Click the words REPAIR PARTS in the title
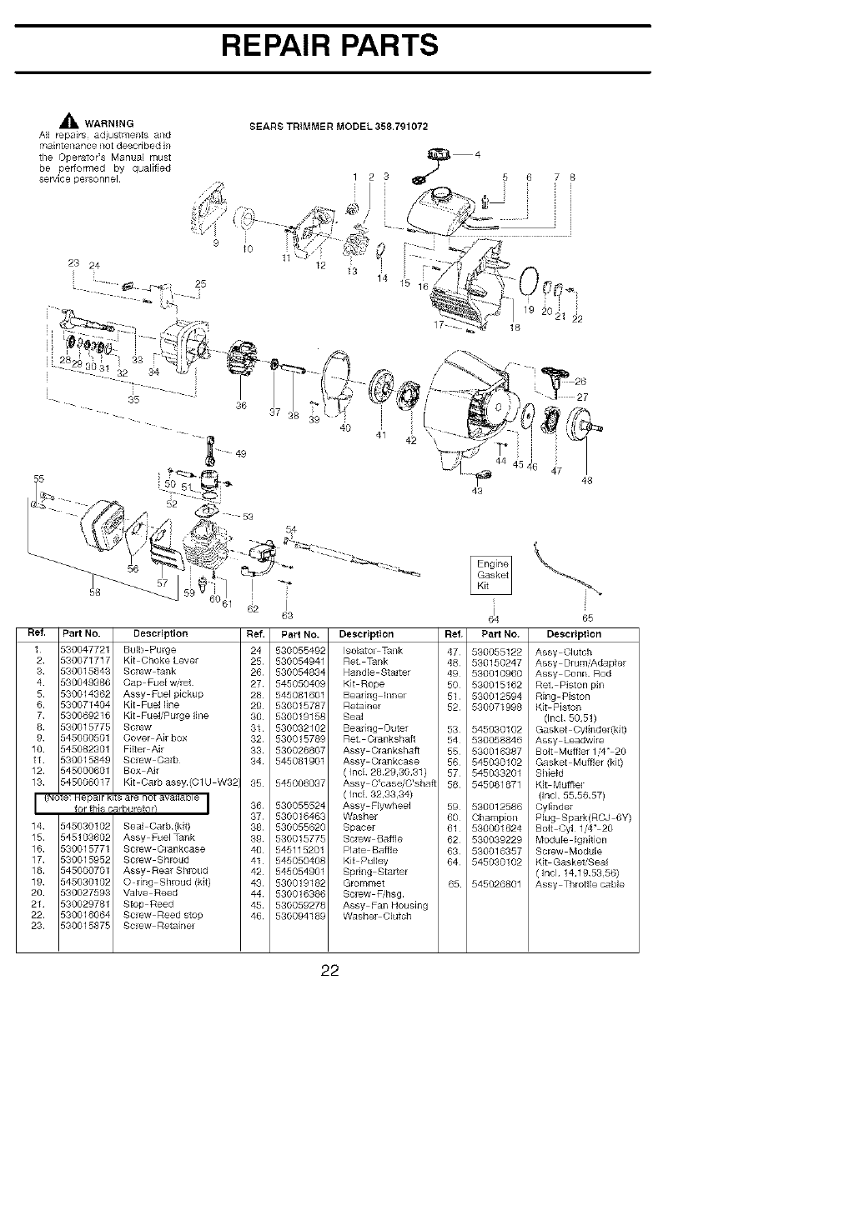330,45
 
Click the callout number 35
134,399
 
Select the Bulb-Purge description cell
149,649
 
